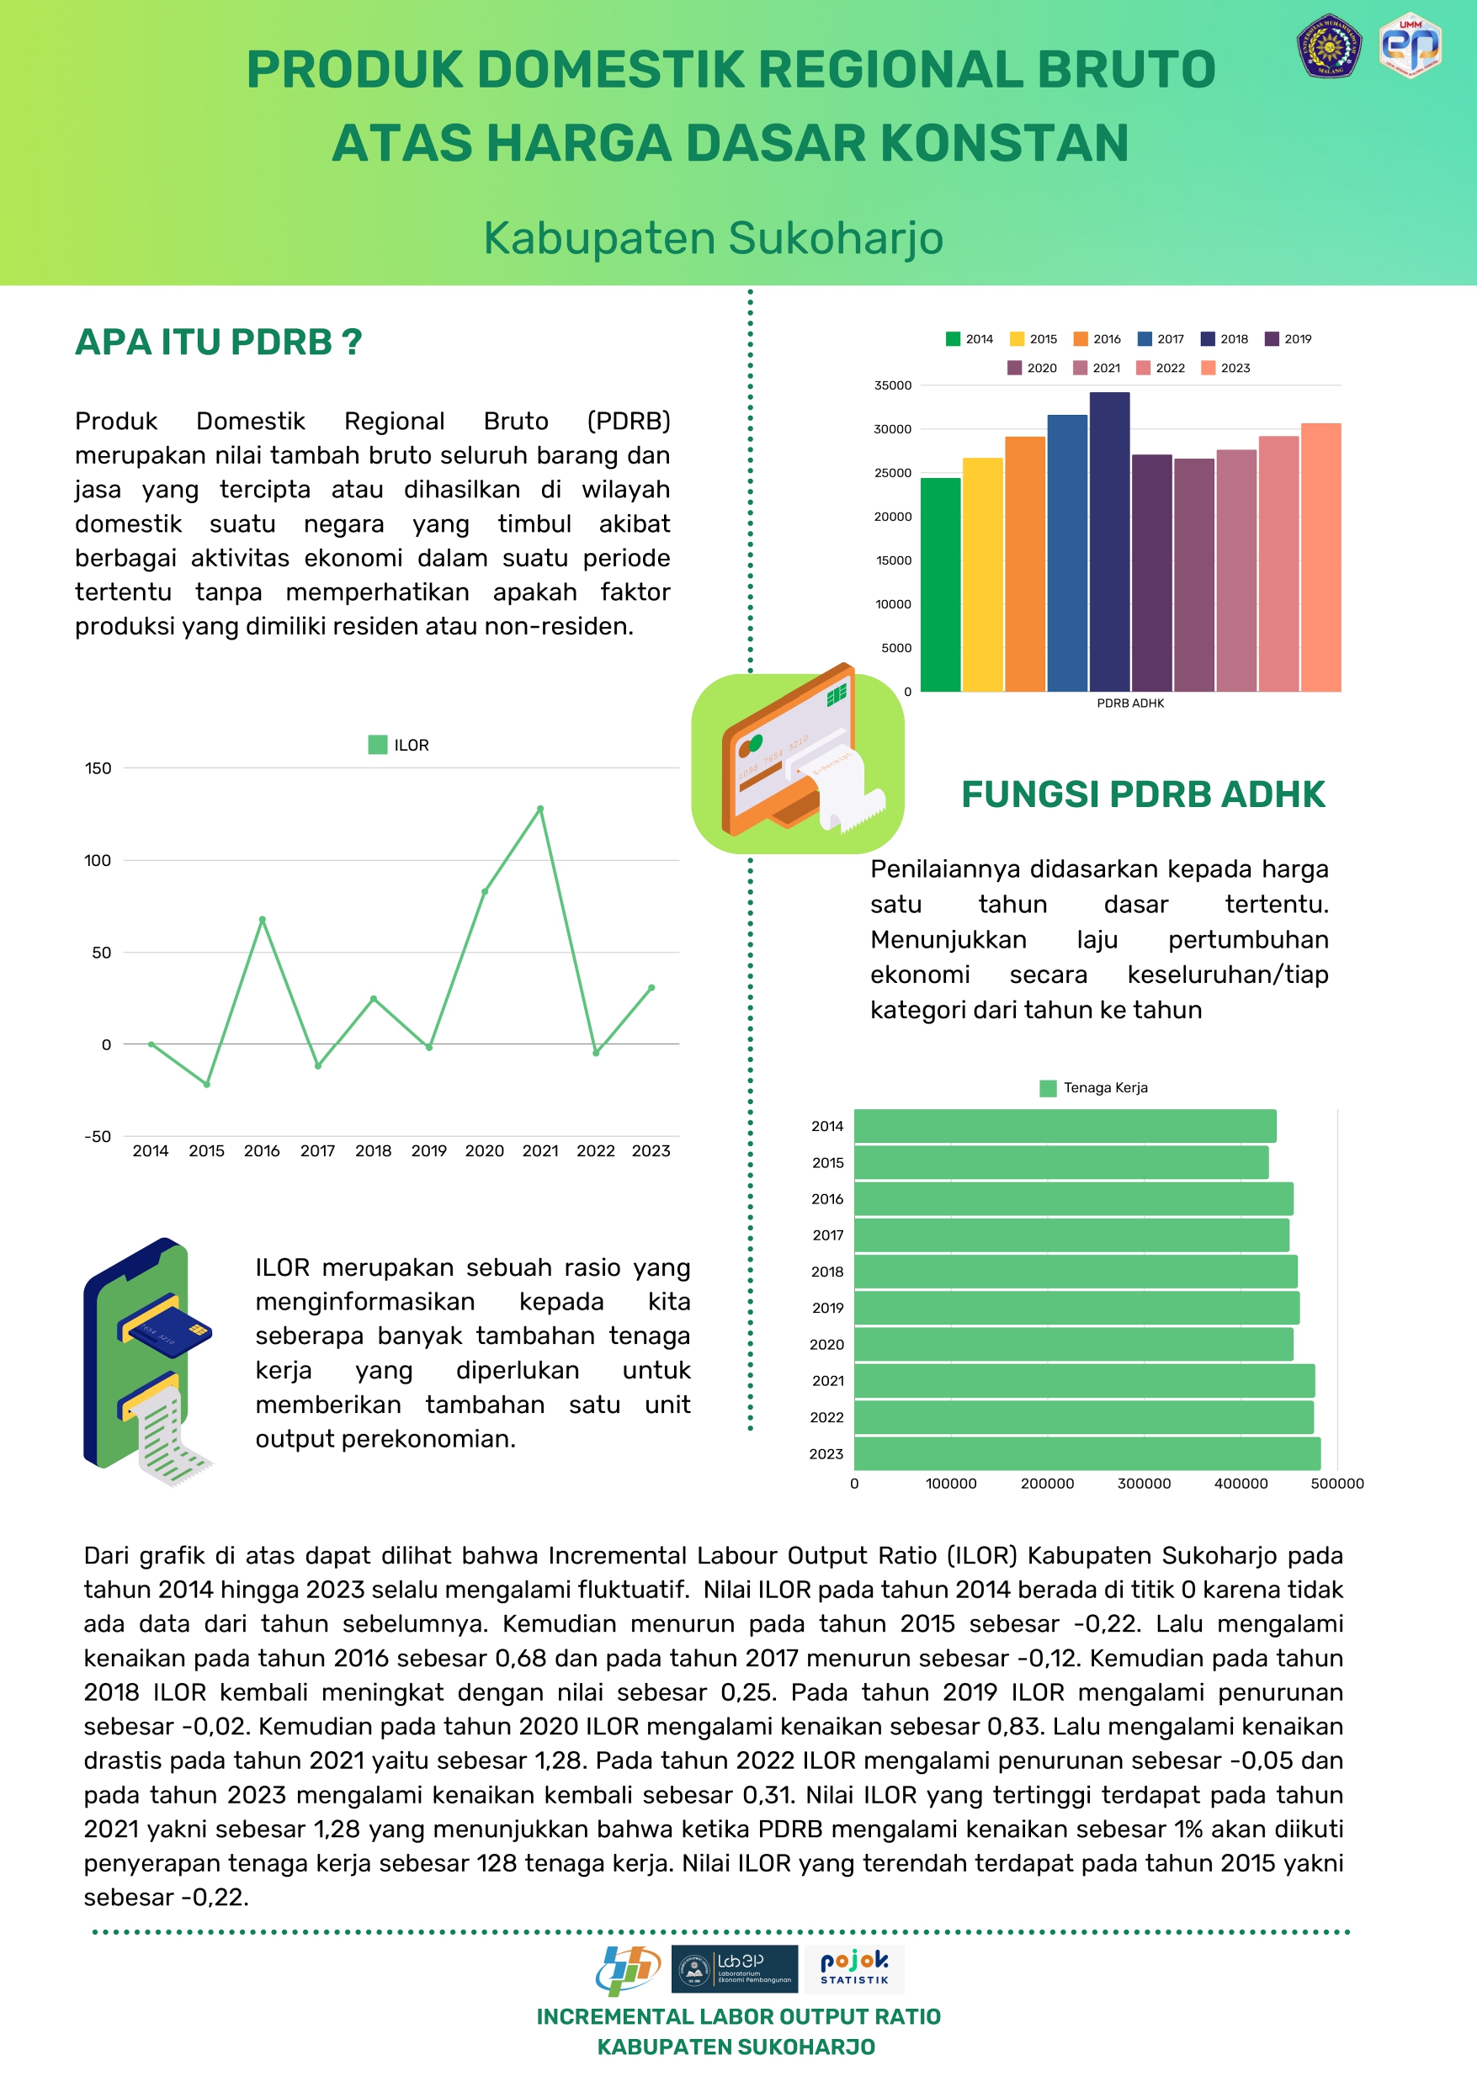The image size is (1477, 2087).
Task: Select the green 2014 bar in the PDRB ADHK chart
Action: pos(940,584)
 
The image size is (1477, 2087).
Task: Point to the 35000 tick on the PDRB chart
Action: pos(892,385)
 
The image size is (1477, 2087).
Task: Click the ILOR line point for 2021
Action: pos(540,809)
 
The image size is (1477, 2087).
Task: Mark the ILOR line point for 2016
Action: pos(262,919)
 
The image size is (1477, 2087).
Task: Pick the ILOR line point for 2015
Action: pos(206,1084)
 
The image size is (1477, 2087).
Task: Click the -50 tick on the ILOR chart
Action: pos(98,1137)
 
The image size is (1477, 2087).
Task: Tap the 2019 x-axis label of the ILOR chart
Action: pos(428,1151)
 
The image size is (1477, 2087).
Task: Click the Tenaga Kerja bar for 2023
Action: pos(1086,1453)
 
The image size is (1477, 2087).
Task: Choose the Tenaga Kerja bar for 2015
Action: pos(1060,1162)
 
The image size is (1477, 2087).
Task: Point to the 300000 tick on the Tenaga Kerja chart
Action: pos(1143,1483)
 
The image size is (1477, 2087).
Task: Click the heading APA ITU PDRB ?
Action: pos(218,342)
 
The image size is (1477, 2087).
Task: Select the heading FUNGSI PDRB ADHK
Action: pos(1143,794)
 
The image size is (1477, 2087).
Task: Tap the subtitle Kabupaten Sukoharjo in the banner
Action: pos(713,238)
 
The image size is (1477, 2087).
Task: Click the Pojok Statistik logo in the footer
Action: pos(854,1969)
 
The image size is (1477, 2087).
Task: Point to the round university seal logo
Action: pos(1328,45)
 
